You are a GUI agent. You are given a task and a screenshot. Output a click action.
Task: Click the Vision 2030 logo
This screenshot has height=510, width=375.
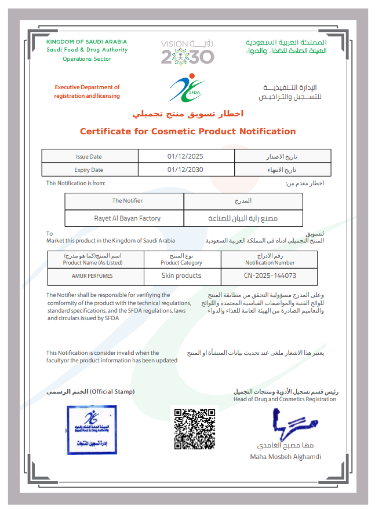tap(187, 52)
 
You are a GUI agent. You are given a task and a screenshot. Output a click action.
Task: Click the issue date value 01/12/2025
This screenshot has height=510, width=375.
tap(185, 156)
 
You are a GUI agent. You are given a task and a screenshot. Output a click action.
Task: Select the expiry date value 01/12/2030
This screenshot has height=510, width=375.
tap(185, 170)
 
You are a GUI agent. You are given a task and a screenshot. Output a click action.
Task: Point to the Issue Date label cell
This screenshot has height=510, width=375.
tap(89, 156)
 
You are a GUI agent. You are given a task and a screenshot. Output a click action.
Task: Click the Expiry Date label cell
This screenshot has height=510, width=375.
tap(89, 170)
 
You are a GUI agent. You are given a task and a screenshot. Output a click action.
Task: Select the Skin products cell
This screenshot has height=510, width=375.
tap(181, 276)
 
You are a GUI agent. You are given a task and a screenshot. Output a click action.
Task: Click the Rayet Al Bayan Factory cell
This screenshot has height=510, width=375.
tap(128, 218)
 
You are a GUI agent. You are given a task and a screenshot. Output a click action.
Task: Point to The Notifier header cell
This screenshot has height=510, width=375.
tap(127, 201)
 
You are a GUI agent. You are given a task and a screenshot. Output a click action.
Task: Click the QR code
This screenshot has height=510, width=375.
tap(195, 429)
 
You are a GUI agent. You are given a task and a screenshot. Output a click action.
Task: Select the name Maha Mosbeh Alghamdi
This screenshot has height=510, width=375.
tap(285, 457)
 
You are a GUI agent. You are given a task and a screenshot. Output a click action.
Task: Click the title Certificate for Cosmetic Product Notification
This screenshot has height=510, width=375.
tap(188, 131)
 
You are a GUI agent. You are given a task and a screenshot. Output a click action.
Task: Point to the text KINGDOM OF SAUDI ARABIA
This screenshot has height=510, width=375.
tap(86, 42)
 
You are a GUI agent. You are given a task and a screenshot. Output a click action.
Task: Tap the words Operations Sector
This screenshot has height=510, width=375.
tap(86, 59)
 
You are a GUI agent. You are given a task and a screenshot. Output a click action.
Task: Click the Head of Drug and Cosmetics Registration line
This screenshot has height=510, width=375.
tap(285, 399)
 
